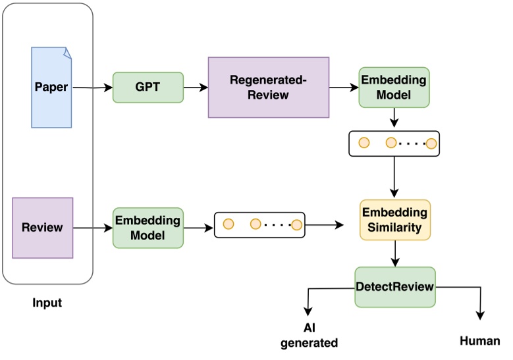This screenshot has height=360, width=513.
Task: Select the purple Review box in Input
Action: pos(42,227)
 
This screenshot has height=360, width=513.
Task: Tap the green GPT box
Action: pos(148,86)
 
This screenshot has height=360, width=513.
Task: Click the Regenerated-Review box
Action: pos(268,87)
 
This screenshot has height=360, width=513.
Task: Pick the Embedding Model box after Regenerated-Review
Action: pos(394,87)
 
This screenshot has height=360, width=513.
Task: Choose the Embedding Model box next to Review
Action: pos(148,228)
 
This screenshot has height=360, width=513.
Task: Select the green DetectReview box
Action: pos(394,286)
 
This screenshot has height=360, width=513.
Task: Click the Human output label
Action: pos(480,341)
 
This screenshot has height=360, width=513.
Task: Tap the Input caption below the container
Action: pos(47,303)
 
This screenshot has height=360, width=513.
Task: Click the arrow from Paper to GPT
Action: pos(92,87)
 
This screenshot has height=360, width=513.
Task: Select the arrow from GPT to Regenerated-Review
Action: pos(195,87)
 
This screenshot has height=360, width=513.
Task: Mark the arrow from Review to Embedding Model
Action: pos(92,228)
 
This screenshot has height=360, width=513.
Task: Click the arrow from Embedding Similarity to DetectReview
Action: pos(394,253)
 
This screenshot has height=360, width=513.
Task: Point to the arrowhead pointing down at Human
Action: pos(481,315)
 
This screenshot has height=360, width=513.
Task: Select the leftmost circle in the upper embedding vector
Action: pos(361,143)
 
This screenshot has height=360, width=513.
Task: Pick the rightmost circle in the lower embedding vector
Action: pos(296,225)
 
